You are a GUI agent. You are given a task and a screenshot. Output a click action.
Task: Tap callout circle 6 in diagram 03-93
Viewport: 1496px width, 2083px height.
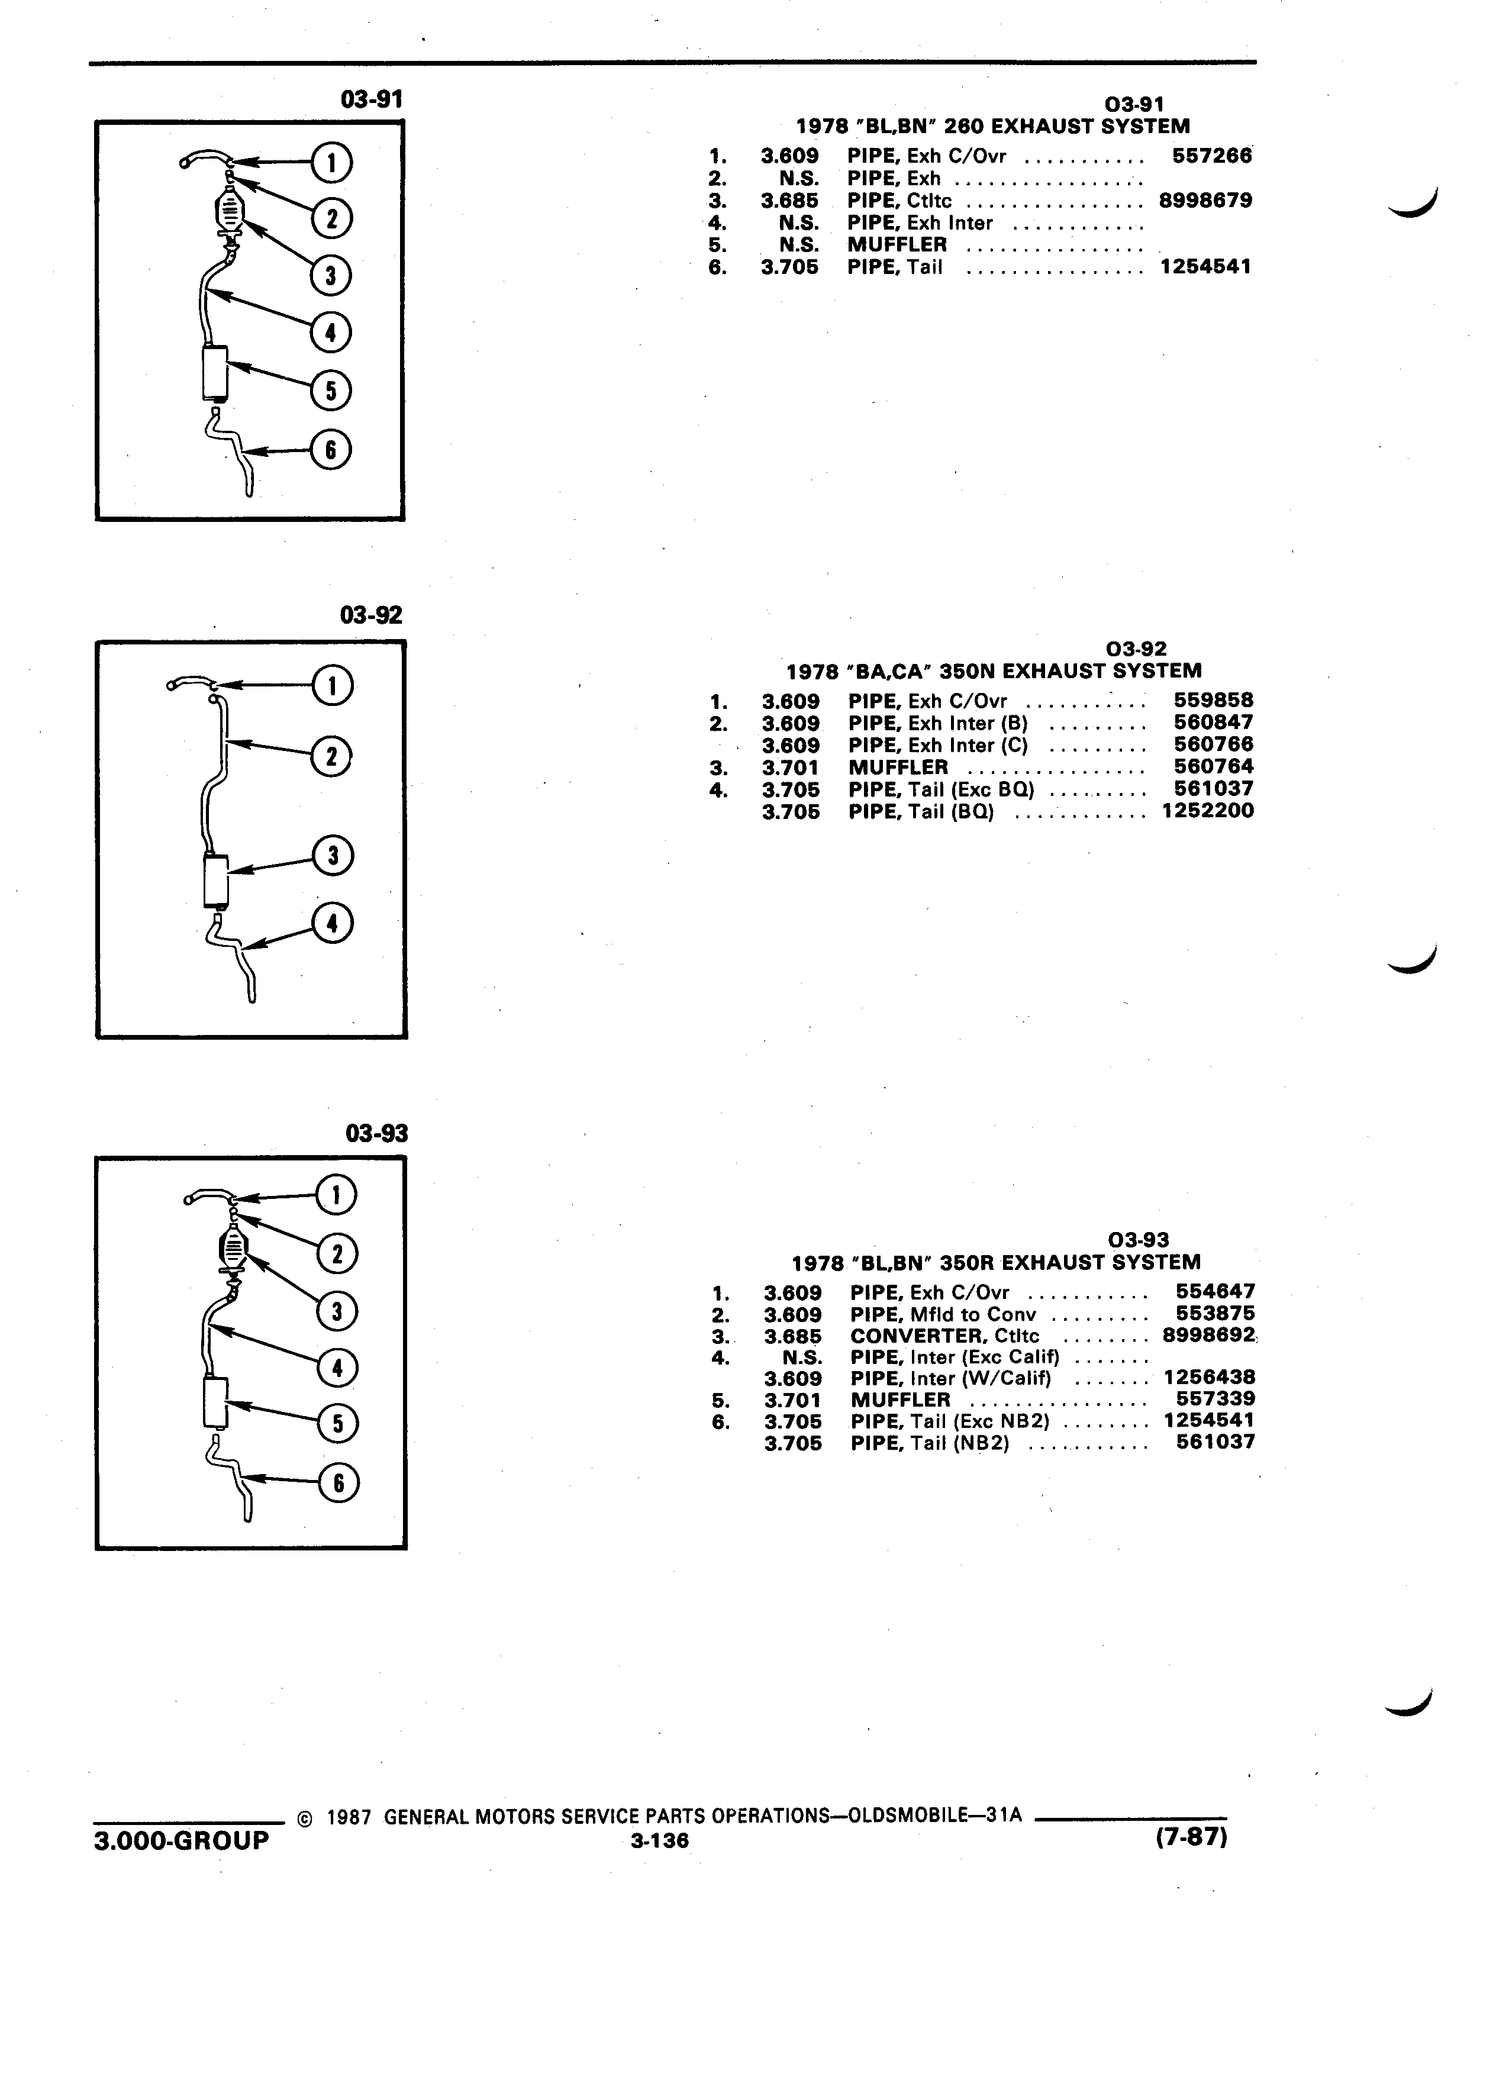[338, 1482]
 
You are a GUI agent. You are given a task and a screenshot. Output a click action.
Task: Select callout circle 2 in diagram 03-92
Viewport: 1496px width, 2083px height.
[333, 757]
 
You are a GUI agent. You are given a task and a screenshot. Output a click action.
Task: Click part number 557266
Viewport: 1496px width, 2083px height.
[1211, 156]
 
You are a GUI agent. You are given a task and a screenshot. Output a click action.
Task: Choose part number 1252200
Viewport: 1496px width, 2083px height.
[1208, 811]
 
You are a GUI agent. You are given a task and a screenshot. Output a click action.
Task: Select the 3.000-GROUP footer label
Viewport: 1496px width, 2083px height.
[182, 1840]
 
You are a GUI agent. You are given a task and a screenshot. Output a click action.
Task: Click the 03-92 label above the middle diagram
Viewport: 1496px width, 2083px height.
[371, 614]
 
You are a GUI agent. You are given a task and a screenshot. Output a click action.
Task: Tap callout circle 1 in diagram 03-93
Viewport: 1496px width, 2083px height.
[336, 1195]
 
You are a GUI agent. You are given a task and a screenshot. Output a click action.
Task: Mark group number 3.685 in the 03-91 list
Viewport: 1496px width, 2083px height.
[790, 200]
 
